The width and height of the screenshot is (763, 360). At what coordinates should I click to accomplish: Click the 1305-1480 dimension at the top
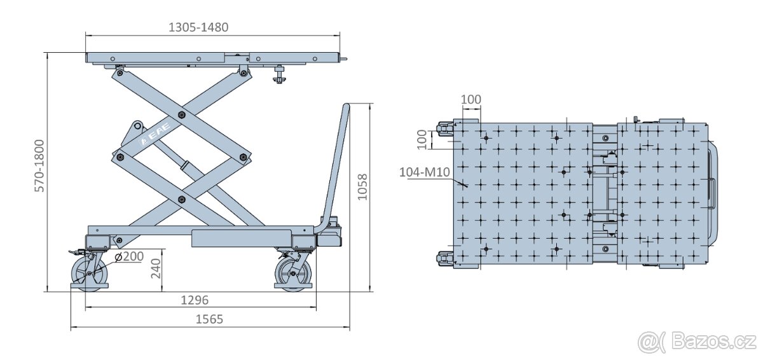198,27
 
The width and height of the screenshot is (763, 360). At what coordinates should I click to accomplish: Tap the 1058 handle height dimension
362,187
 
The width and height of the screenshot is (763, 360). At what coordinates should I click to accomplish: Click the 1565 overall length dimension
209,319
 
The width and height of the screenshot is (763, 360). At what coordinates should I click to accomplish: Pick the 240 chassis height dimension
156,270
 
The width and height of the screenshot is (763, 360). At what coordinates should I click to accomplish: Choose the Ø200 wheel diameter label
132,256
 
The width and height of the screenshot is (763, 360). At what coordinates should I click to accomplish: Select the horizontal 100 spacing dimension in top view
471,100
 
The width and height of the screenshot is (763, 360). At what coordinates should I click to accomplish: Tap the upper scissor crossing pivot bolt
182,115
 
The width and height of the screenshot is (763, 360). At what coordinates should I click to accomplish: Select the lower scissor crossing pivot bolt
182,200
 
